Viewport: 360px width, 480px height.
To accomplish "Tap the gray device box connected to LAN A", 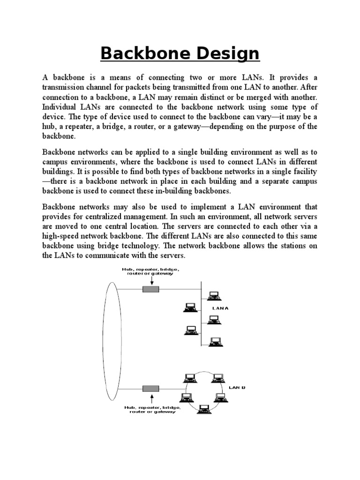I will (150, 289).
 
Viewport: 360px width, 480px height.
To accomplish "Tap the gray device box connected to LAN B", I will (150, 389).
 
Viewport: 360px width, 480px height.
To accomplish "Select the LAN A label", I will (220, 308).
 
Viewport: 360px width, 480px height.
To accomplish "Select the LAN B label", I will (237, 388).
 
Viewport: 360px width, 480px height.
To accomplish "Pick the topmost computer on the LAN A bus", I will (214, 296).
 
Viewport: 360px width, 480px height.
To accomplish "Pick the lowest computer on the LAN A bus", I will (214, 341).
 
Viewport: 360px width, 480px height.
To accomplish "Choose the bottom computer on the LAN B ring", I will (203, 409).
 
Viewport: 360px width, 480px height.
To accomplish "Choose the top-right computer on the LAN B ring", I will (217, 377).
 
